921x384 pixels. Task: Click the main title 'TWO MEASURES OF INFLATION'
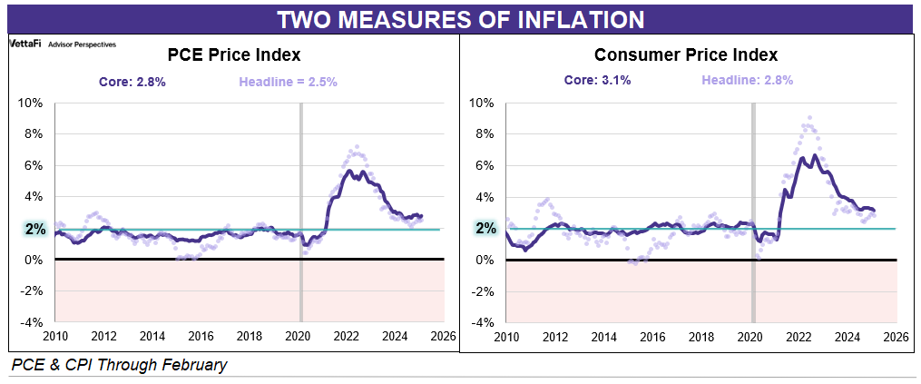point(460,18)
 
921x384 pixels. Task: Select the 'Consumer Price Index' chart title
point(686,54)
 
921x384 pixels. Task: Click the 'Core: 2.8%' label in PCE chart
point(132,81)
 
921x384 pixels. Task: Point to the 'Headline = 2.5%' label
point(289,81)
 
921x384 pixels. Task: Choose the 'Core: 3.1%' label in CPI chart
point(597,80)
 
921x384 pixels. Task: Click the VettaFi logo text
point(24,44)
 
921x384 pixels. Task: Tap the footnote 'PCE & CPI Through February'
point(120,365)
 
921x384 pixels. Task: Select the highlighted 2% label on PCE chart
point(35,229)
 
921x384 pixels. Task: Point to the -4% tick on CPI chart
point(485,322)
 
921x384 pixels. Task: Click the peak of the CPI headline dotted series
point(809,117)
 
